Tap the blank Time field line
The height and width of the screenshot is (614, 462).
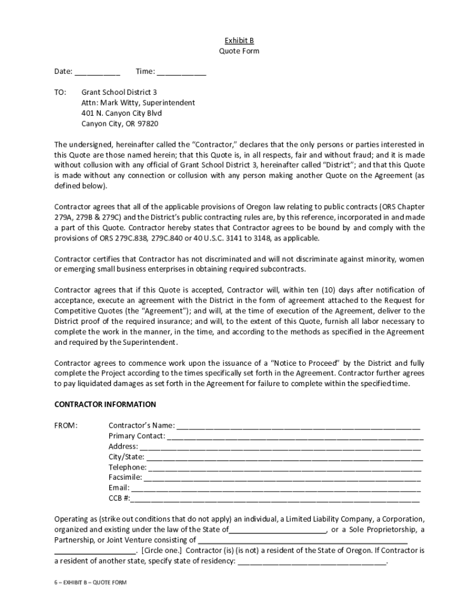point(181,73)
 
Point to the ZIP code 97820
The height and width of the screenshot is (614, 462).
point(148,124)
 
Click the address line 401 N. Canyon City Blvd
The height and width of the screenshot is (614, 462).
point(121,113)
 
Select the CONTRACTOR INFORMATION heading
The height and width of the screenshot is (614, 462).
point(105,405)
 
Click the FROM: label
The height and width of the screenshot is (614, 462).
point(66,426)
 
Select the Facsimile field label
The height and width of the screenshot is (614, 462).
point(125,477)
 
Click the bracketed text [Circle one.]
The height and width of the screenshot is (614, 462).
point(163,550)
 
